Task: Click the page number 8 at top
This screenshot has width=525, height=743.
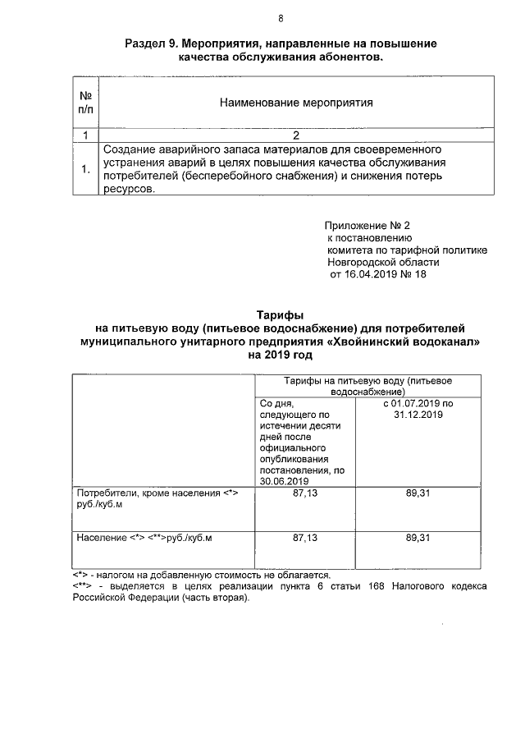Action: (x=281, y=18)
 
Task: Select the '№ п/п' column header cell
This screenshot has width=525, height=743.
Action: (x=84, y=103)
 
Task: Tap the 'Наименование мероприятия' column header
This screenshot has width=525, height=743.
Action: (x=296, y=103)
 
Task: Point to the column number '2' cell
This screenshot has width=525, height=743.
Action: (x=296, y=135)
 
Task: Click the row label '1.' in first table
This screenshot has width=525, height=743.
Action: (x=84, y=170)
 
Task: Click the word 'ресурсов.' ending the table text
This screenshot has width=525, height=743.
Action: (x=129, y=189)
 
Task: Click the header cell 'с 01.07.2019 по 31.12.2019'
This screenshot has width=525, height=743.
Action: (x=418, y=410)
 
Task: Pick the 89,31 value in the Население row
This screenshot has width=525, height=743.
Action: (x=418, y=538)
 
